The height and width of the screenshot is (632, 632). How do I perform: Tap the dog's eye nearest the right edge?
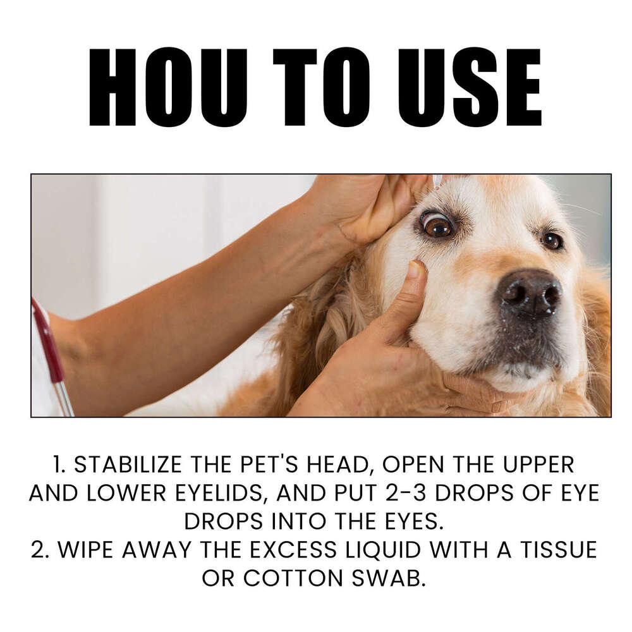tap(552, 240)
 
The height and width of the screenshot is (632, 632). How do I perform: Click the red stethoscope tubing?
tap(49, 341)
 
